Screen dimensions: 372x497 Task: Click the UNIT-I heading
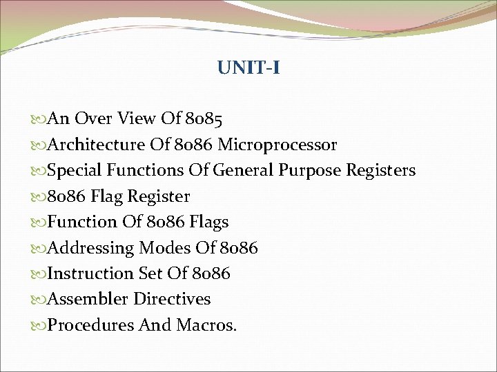pyautogui.click(x=248, y=68)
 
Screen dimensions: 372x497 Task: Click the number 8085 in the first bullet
pyautogui.click(x=204, y=120)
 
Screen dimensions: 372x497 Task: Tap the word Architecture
pyautogui.click(x=97, y=145)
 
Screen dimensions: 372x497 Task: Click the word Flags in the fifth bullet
pyautogui.click(x=208, y=222)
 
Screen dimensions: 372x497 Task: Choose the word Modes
pyautogui.click(x=165, y=247)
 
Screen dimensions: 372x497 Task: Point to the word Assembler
pyautogui.click(x=88, y=299)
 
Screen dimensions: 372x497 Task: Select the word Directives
pyautogui.click(x=172, y=299)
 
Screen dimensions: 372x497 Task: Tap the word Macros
pyautogui.click(x=206, y=324)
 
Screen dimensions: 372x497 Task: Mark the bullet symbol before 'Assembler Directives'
pyautogui.click(x=40, y=299)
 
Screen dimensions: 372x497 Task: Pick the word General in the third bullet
pyautogui.click(x=244, y=170)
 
